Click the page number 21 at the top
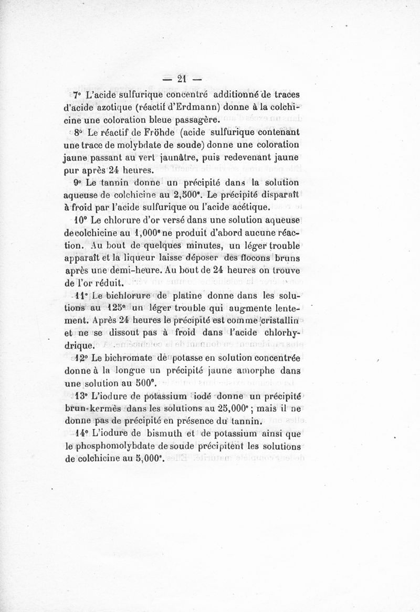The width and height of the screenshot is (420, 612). pos(182,79)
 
